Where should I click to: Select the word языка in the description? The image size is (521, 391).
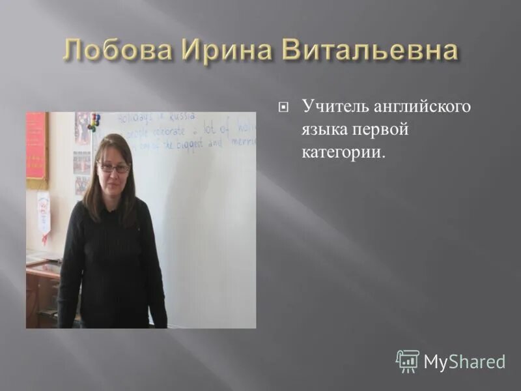pyautogui.click(x=322, y=129)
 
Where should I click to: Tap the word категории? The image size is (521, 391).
pyautogui.click(x=343, y=152)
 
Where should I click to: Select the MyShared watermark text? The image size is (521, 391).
pyautogui.click(x=464, y=362)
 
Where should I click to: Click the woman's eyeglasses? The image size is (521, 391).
pyautogui.click(x=114, y=167)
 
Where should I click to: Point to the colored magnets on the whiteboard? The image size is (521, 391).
pyautogui.click(x=95, y=122)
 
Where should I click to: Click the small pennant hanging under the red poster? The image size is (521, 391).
pyautogui.click(x=43, y=212)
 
